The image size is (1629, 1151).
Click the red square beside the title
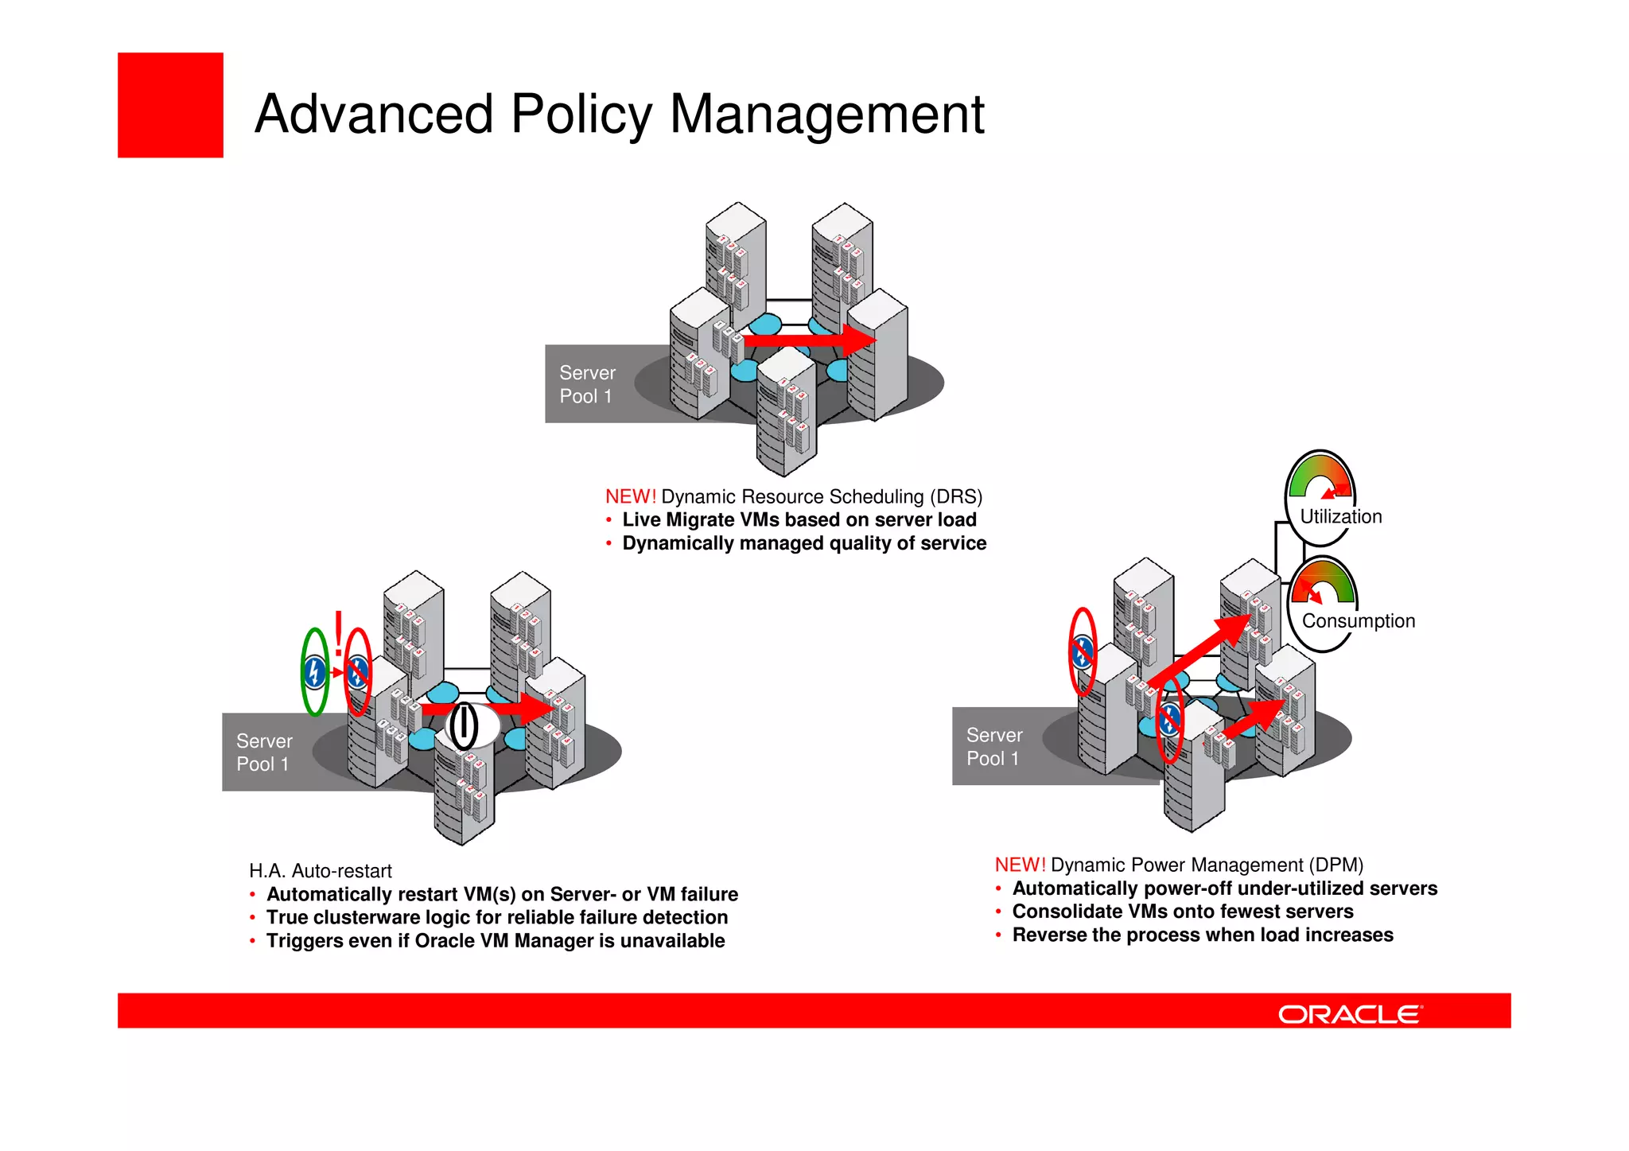[x=170, y=105]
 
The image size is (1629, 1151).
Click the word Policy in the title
[x=581, y=115]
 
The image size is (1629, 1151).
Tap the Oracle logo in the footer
[x=1349, y=1014]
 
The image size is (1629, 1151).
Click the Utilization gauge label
[x=1340, y=517]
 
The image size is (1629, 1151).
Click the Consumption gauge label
[x=1358, y=621]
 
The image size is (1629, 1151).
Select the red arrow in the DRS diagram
[x=807, y=340]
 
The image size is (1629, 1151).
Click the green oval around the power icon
[x=315, y=672]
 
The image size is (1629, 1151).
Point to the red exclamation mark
[x=339, y=633]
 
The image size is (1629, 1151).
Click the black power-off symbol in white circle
[x=464, y=725]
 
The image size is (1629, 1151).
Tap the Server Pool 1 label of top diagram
[x=587, y=384]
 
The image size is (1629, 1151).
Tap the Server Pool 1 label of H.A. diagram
[x=264, y=752]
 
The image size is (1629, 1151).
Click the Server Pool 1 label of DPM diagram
[x=993, y=747]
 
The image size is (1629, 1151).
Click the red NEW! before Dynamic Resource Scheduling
[x=630, y=497]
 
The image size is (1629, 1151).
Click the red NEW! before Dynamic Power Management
[x=1020, y=865]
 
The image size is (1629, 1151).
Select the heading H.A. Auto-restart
[x=320, y=871]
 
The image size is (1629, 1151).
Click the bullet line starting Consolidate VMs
[x=1182, y=912]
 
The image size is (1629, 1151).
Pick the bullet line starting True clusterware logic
[x=496, y=918]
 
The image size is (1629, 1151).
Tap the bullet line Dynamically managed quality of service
[x=803, y=543]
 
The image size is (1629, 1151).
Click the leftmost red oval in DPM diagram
[x=1082, y=652]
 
